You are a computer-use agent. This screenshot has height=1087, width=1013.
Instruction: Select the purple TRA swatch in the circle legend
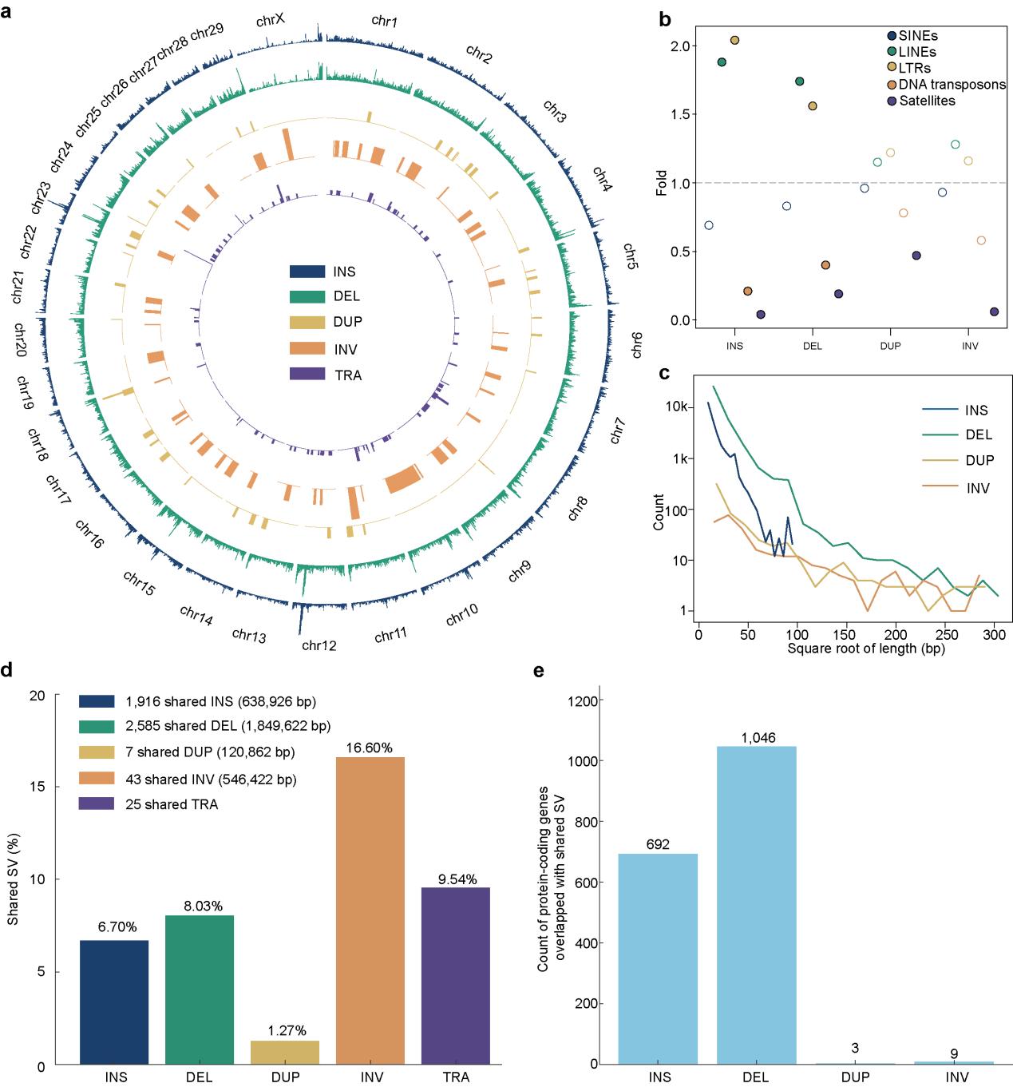pos(307,375)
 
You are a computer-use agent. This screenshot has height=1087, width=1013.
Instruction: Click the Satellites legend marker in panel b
pos(892,101)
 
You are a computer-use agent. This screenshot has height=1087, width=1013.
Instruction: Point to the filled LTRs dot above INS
pos(734,40)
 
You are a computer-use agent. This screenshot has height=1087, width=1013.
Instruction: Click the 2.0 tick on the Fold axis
pos(679,46)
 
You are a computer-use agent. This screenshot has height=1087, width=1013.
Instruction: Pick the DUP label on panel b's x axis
pos(890,346)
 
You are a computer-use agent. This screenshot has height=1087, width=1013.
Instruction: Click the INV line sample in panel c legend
pos(941,487)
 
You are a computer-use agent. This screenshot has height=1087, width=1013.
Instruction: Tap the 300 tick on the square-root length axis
pos(995,634)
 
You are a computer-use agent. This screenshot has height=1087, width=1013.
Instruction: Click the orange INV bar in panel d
pos(370,910)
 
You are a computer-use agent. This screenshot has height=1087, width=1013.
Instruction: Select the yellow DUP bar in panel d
pos(285,1052)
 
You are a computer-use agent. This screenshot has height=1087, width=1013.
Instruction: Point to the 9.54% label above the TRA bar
pos(457,879)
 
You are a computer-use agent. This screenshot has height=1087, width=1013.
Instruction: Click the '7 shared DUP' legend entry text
pos(210,752)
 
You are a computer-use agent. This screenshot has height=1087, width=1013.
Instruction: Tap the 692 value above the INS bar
pos(658,845)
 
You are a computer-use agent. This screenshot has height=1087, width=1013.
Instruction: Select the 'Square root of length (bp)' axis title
pos(866,649)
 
